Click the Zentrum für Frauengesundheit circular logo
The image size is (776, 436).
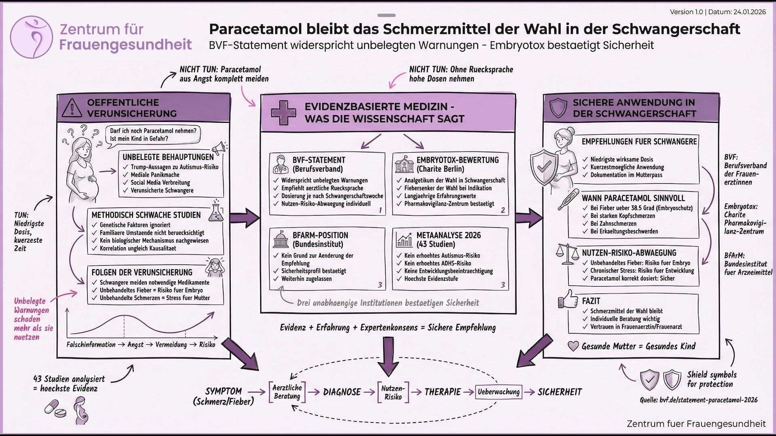point(32,37)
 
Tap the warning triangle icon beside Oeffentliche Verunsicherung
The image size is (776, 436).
point(72,108)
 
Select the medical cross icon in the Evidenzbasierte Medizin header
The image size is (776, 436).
point(283,112)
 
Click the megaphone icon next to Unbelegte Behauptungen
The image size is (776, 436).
point(219,148)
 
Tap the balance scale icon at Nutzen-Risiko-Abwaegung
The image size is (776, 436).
point(567,254)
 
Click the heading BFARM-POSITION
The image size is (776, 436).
point(320,235)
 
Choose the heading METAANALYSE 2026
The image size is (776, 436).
point(448,235)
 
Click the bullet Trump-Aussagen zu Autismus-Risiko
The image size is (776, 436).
point(174,167)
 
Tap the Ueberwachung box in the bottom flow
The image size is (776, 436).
point(498,392)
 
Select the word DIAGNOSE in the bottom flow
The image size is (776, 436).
point(342,392)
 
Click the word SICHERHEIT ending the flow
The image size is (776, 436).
point(560,392)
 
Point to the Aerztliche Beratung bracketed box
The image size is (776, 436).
point(287,392)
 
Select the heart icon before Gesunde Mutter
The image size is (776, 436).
point(573,346)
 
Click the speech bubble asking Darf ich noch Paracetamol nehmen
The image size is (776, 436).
point(153,135)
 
